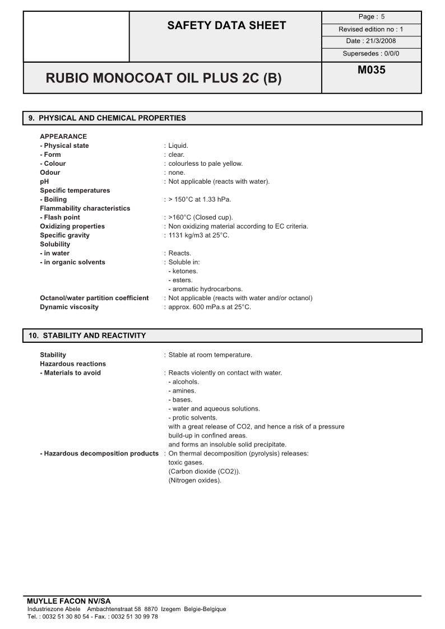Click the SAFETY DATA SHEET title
pyautogui.click(x=226, y=25)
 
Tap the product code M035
pyautogui.click(x=371, y=71)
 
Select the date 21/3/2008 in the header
pyautogui.click(x=371, y=41)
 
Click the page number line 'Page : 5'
pyautogui.click(x=371, y=17)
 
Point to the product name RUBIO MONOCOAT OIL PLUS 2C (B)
pyautogui.click(x=164, y=78)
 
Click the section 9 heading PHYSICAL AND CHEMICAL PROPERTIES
pyautogui.click(x=107, y=118)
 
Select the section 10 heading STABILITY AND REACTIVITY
pyautogui.click(x=87, y=336)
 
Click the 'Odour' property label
pyautogui.click(x=50, y=173)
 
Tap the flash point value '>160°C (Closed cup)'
pyautogui.click(x=201, y=217)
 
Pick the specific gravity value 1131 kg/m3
pyautogui.click(x=198, y=235)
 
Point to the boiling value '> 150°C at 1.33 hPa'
pyautogui.click(x=200, y=199)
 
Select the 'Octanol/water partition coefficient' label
pyautogui.click(x=94, y=298)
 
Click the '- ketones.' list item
pyautogui.click(x=183, y=271)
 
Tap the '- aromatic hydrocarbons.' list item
pyautogui.click(x=205, y=289)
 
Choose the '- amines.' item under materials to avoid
pyautogui.click(x=182, y=391)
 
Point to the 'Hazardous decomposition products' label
pyautogui.click(x=99, y=454)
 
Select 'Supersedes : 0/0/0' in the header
pyautogui.click(x=371, y=54)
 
